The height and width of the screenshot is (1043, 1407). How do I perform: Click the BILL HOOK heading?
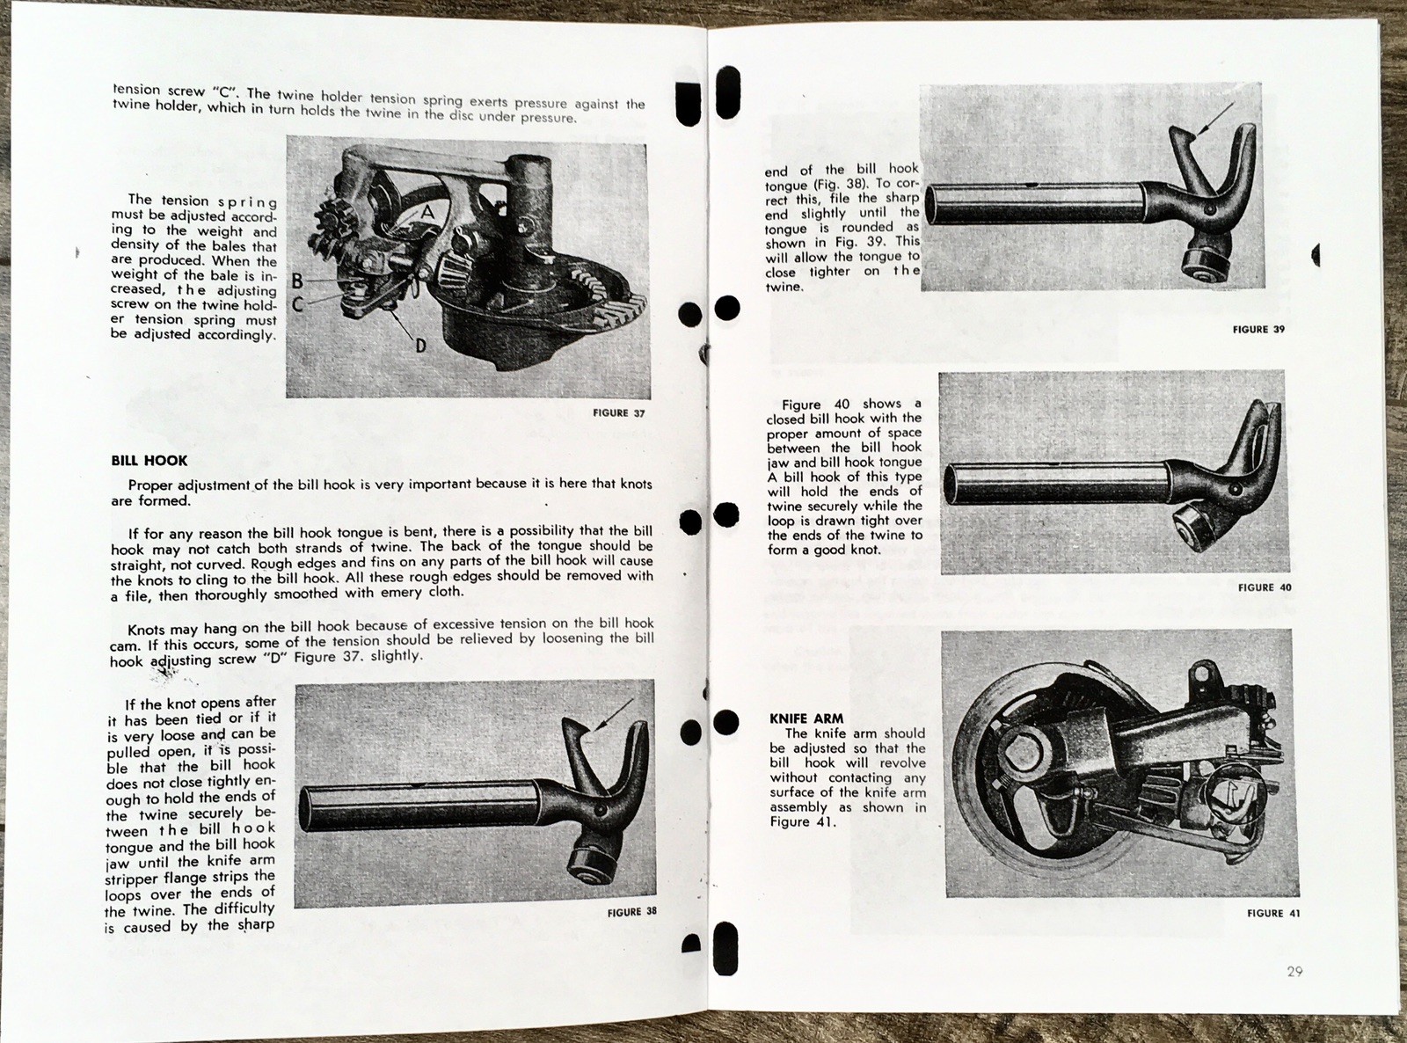click(x=149, y=460)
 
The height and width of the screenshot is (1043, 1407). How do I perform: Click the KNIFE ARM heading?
click(x=806, y=718)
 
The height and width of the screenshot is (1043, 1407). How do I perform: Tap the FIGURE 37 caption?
click(x=618, y=412)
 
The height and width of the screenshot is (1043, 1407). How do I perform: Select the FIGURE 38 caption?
click(x=631, y=912)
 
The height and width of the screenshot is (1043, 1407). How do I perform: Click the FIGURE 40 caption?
click(x=1265, y=587)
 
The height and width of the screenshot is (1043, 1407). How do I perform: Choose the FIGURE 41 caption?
click(x=1273, y=913)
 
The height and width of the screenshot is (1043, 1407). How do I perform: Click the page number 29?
click(x=1294, y=971)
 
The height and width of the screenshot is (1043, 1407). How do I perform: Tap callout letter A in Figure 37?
click(x=427, y=212)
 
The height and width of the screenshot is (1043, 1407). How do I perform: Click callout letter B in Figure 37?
click(x=297, y=281)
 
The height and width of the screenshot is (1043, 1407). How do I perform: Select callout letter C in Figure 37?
click(x=297, y=304)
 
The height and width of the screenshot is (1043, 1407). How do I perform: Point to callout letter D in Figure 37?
click(x=420, y=346)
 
